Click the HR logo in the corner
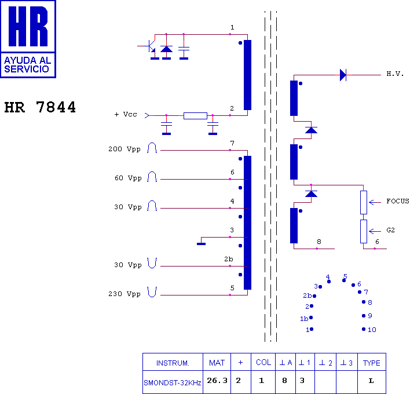coord(28,39)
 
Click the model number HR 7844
coord(40,108)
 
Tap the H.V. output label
coord(395,75)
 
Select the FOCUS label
coord(397,202)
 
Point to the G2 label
coord(390,230)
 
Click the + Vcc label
coord(126,115)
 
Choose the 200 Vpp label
coord(125,149)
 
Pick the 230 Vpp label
coord(125,294)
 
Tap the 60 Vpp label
coord(127,178)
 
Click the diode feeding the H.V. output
coord(343,75)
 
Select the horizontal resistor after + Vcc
coord(195,116)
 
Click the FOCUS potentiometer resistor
coord(364,202)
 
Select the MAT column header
coord(217,363)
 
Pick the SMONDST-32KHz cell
coord(173,383)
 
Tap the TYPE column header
coord(371,363)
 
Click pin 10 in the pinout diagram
coord(364,329)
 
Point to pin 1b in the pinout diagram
coord(311,318)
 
